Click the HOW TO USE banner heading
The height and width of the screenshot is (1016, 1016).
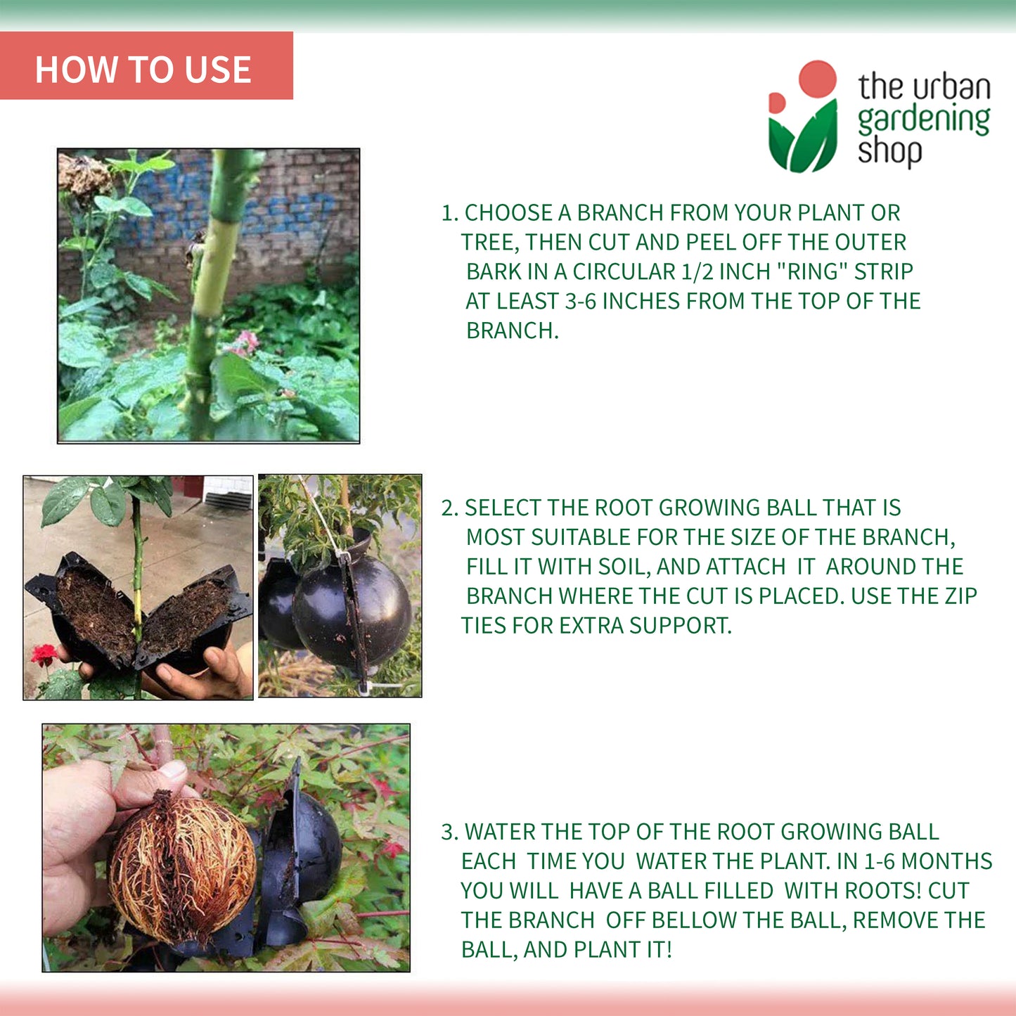click(x=143, y=69)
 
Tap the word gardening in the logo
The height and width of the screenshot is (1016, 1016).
click(x=924, y=120)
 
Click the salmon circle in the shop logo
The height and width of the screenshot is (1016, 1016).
click(x=817, y=79)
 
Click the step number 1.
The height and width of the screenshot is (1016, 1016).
click(x=449, y=213)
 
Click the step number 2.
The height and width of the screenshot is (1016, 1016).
click(x=450, y=508)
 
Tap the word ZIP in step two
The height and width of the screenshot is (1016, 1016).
click(x=960, y=596)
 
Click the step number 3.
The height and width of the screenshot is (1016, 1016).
click(x=450, y=832)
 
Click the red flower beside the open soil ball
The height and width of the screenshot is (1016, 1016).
click(x=44, y=654)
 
